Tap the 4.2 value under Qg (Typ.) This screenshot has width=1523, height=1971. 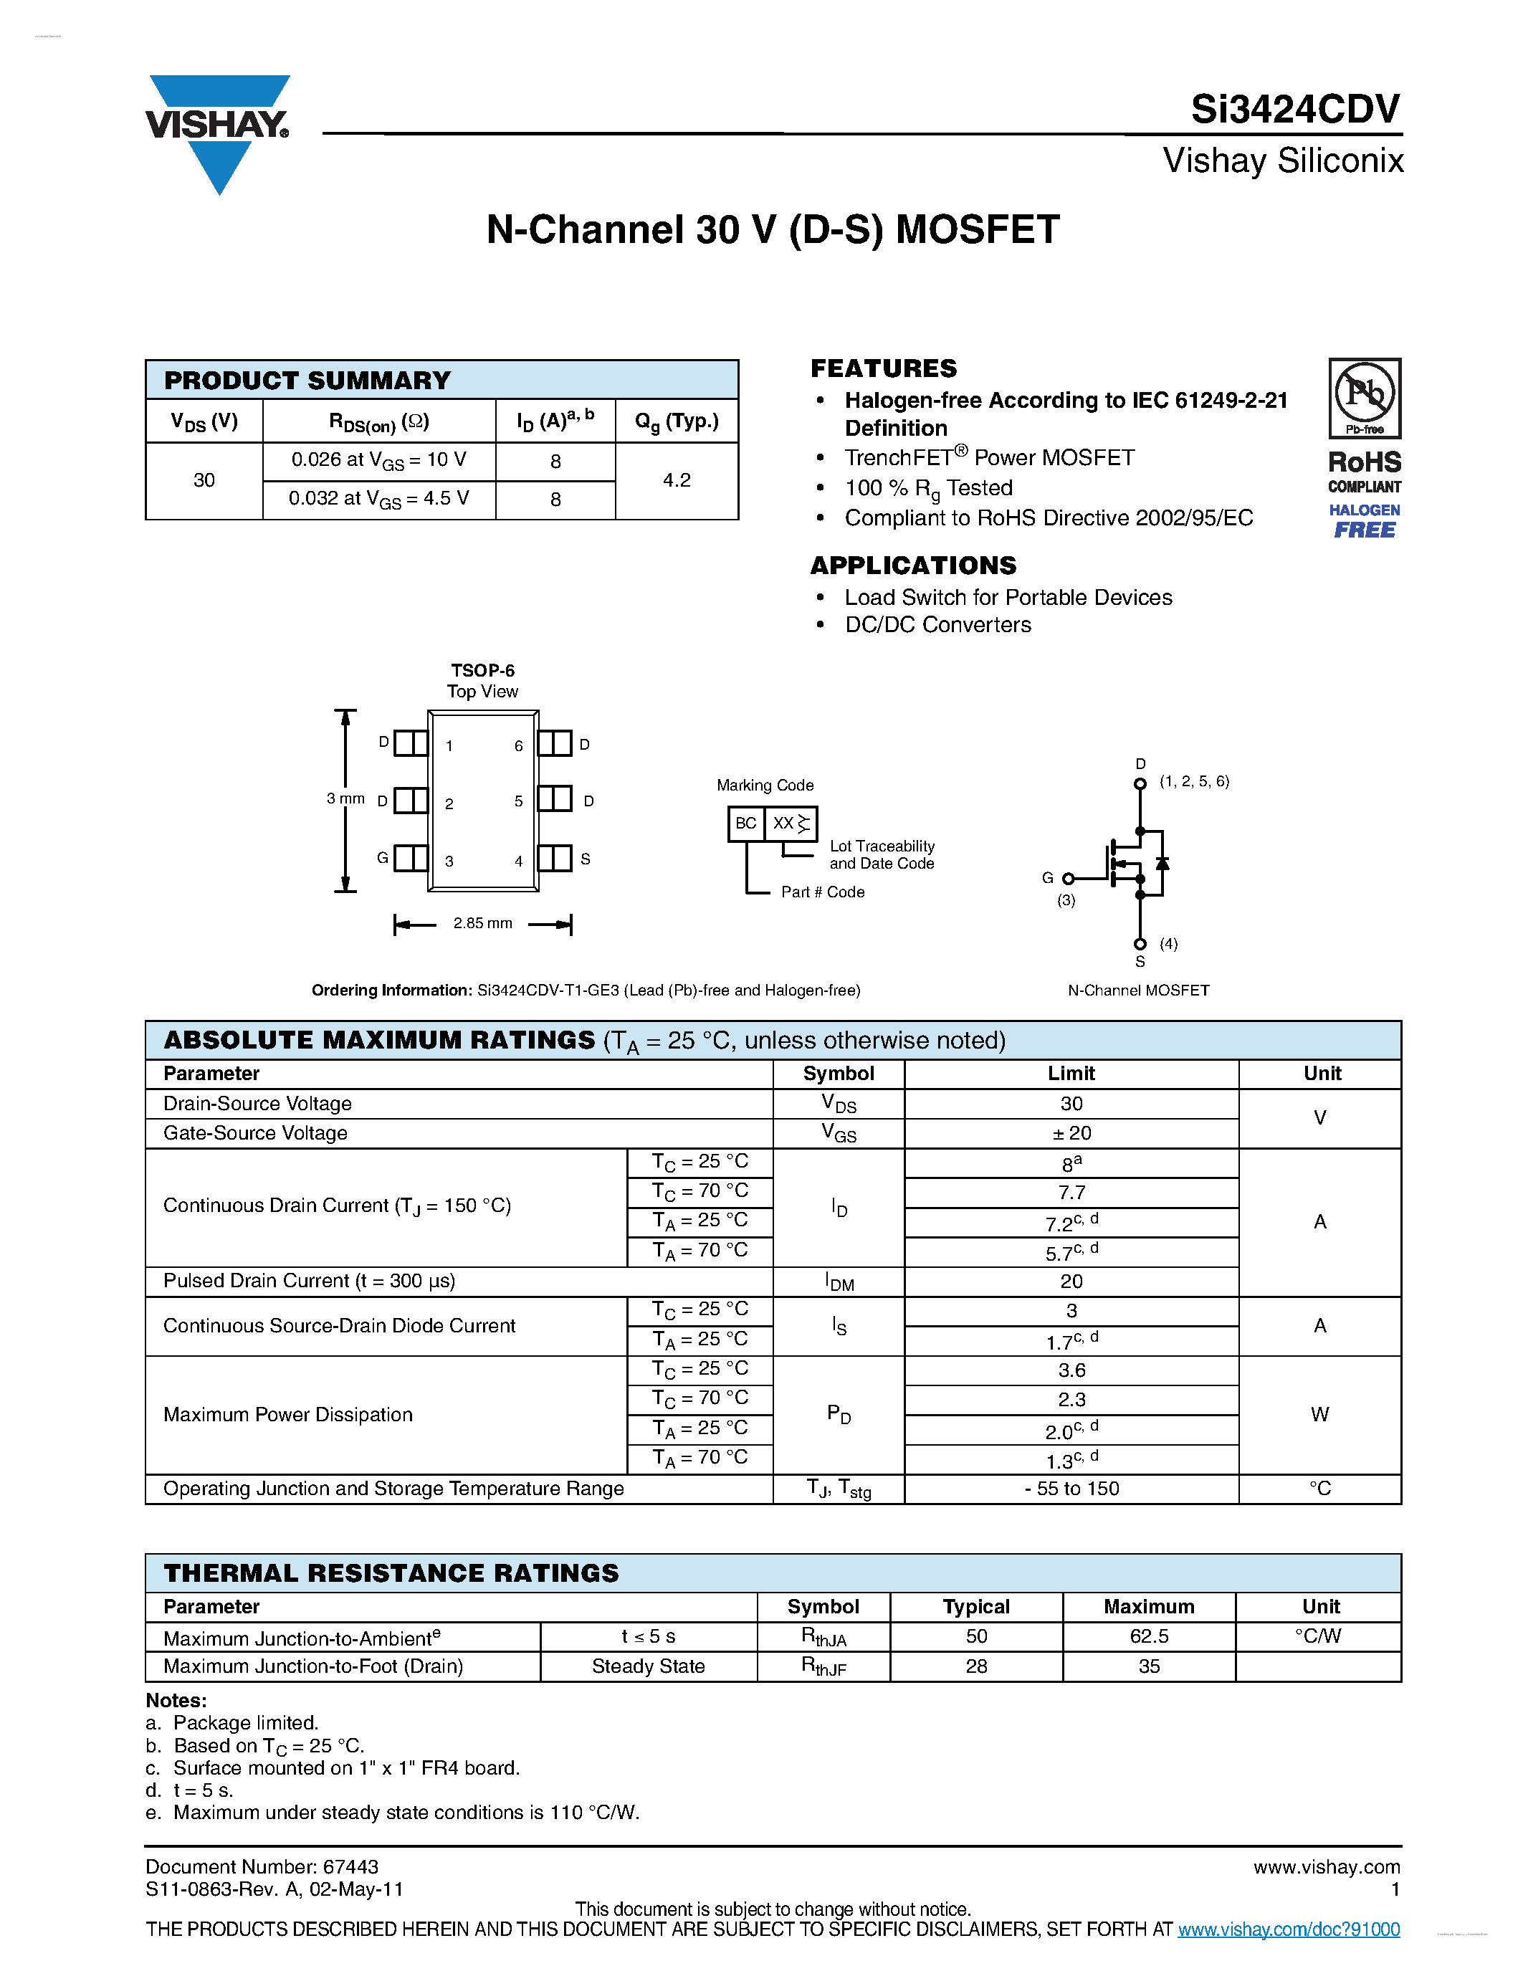point(676,480)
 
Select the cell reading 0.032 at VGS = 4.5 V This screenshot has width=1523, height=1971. point(379,499)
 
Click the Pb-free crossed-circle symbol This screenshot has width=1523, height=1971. point(1364,393)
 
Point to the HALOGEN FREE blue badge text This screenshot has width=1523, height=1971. point(1364,521)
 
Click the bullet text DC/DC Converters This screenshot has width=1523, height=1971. point(937,624)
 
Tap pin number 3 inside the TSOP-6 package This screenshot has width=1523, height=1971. point(449,861)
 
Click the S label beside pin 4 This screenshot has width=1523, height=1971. point(586,859)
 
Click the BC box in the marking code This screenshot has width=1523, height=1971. point(746,823)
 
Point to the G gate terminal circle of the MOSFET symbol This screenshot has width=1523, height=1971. point(1069,878)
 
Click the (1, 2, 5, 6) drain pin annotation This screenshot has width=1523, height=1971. point(1195,781)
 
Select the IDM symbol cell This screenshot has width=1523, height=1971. point(839,1282)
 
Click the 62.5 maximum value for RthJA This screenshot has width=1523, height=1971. point(1149,1636)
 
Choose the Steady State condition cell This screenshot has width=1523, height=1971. point(648,1666)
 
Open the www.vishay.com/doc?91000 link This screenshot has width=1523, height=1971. point(1289,1929)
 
